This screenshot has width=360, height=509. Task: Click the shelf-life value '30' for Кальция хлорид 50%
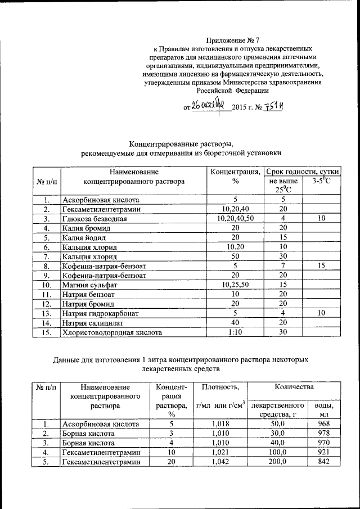click(x=283, y=256)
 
